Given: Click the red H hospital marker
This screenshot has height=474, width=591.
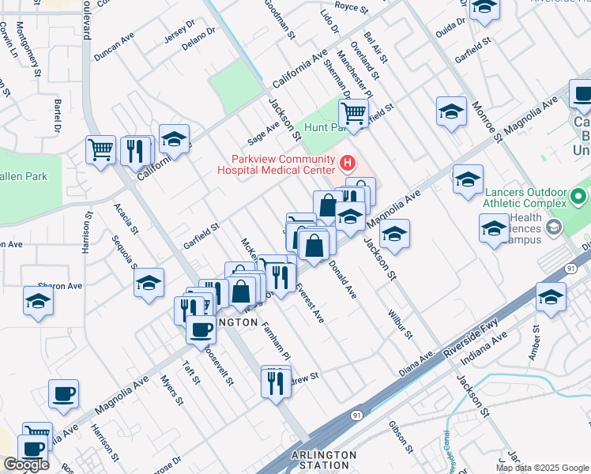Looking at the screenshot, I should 346,164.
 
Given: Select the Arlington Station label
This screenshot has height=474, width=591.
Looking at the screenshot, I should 326,460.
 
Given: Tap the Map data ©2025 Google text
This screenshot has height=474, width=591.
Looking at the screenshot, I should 541,468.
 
